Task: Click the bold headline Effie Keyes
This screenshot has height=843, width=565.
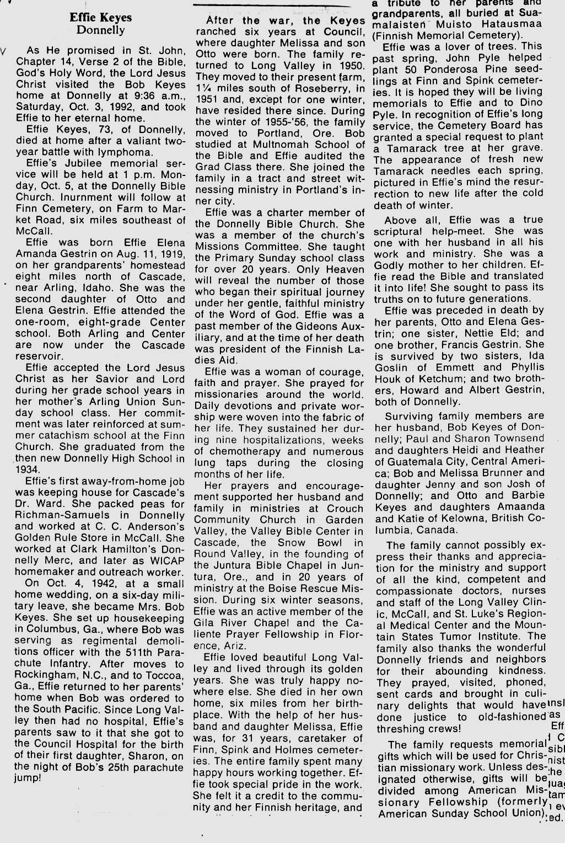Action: pyautogui.click(x=101, y=18)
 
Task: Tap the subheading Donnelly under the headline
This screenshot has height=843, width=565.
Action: pyautogui.click(x=101, y=30)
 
